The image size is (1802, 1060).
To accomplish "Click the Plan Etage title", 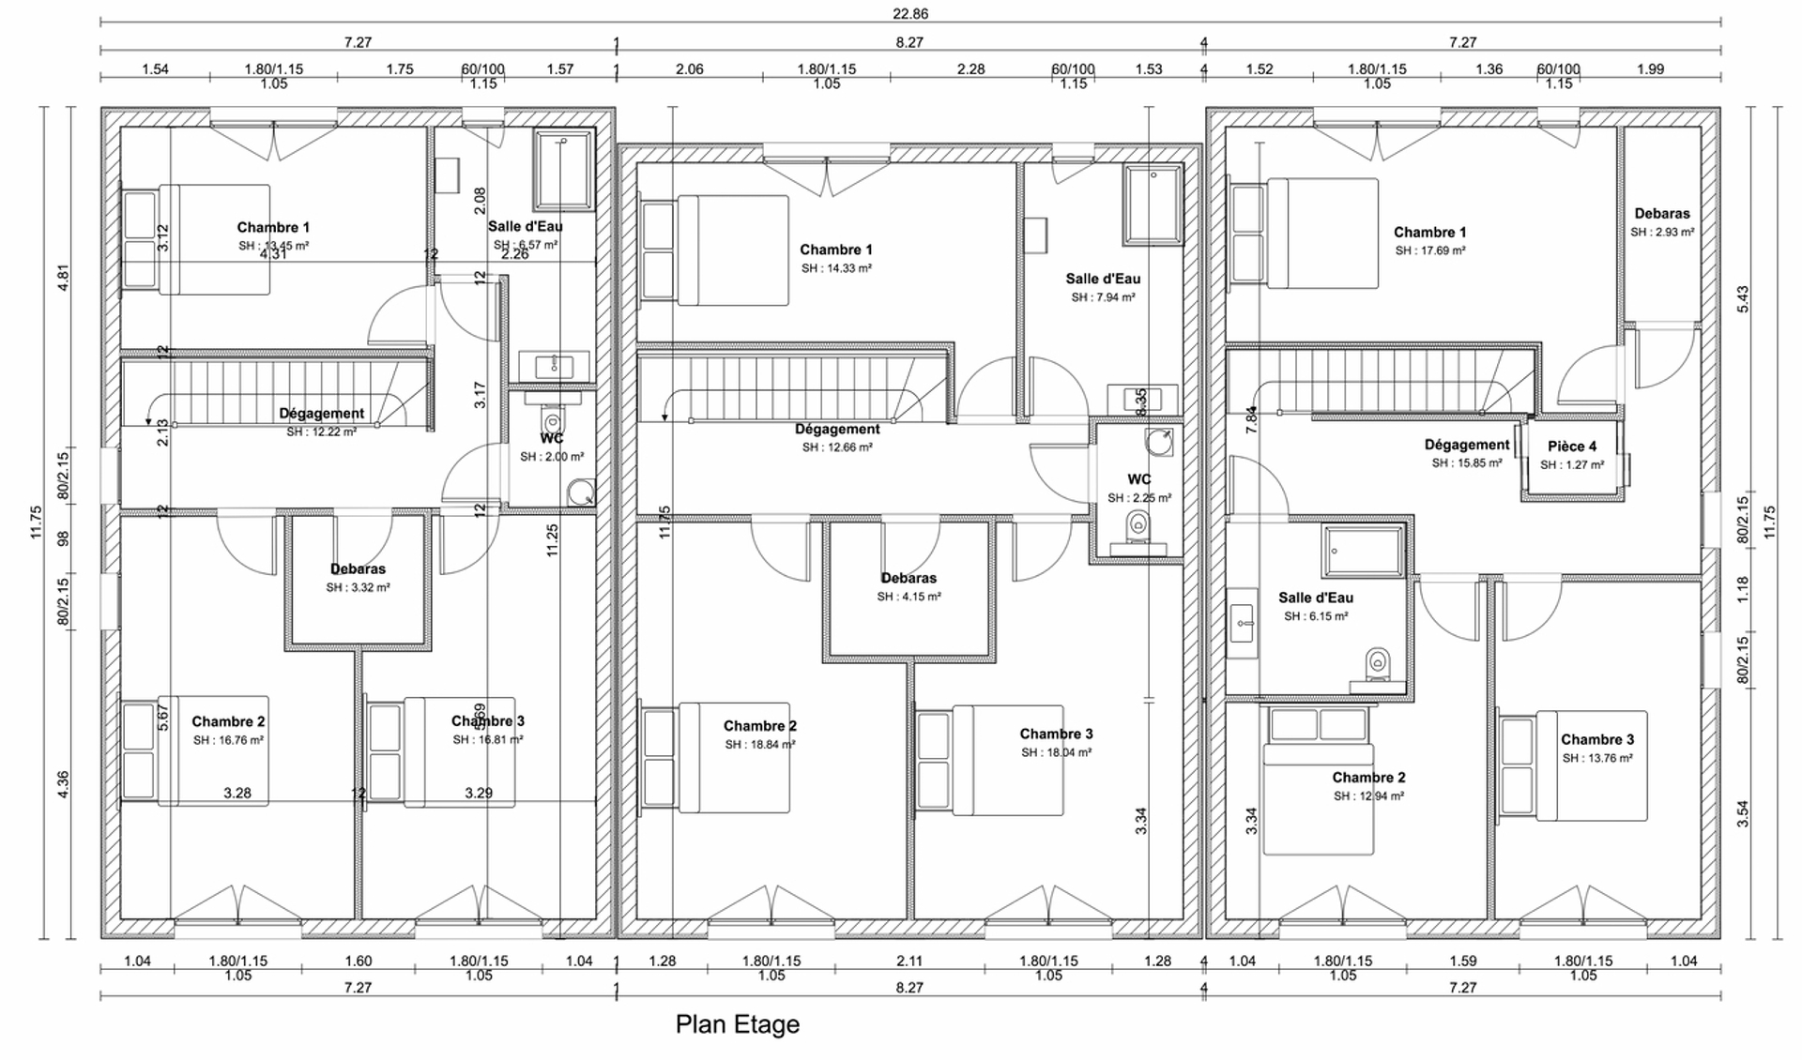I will coord(737,1023).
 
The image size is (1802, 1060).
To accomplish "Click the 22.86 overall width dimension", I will coord(909,14).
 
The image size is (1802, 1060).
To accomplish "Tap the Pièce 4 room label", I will coord(1571,447).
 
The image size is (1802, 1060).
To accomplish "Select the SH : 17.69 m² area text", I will coord(1429,250).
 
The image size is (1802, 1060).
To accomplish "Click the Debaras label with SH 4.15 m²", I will coord(908,578).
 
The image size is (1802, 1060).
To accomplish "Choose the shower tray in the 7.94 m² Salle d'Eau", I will coord(1153,204).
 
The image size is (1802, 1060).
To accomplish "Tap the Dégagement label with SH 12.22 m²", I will coord(321,414).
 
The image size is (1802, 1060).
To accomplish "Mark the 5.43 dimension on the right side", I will coord(1743,298).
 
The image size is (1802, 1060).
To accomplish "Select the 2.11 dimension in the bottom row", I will coord(909,961).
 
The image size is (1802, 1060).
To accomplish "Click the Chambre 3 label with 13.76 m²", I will coord(1596,739).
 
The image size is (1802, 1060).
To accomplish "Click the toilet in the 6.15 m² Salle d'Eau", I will coord(1377,665).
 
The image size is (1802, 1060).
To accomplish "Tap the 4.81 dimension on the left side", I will coord(64,278).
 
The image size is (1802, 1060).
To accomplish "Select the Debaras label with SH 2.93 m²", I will coord(1661,214).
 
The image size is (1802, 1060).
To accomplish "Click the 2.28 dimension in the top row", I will coord(970,68).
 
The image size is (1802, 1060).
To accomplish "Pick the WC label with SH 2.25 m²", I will coord(1138,479).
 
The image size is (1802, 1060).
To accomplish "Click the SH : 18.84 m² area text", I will coord(759,745).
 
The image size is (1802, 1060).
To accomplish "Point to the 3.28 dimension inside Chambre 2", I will coord(237,793).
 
